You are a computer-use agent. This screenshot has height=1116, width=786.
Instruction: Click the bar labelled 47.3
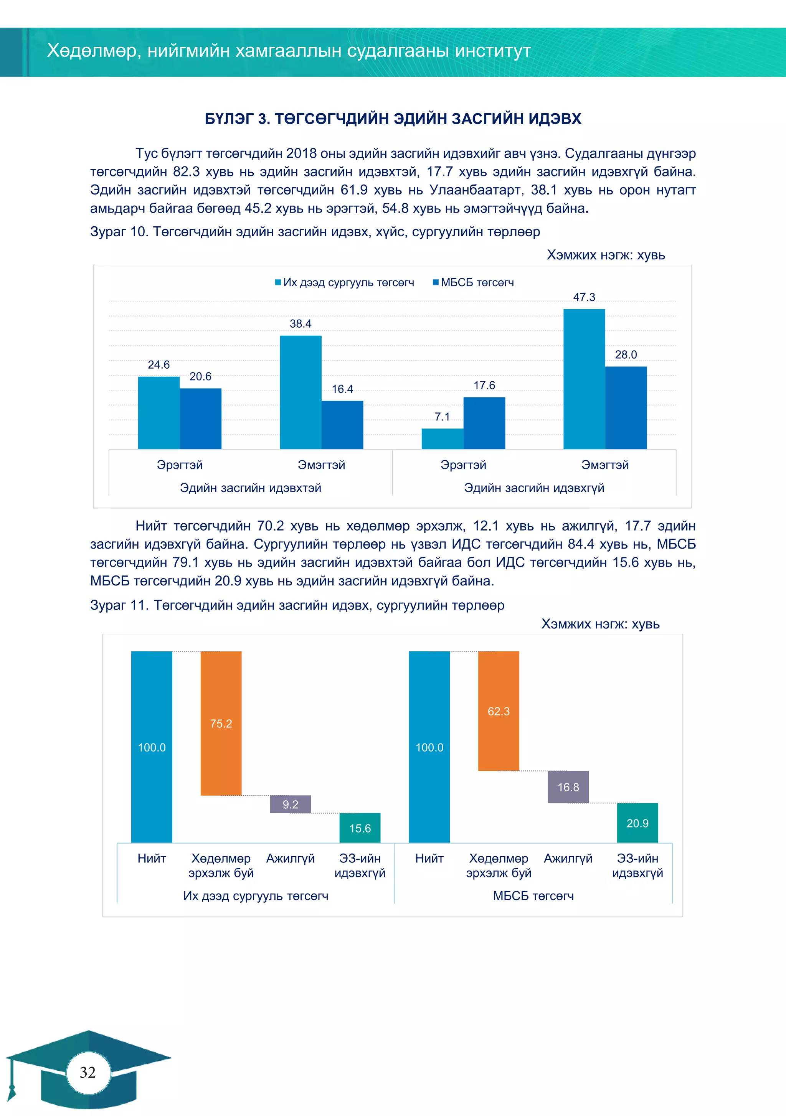coord(584,379)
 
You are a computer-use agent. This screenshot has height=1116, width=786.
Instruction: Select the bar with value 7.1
coord(442,438)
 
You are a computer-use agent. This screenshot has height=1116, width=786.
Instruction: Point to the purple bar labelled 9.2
coord(291,804)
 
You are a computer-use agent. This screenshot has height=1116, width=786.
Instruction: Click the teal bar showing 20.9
coord(637,823)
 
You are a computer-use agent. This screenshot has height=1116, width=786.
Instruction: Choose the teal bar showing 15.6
coord(360,828)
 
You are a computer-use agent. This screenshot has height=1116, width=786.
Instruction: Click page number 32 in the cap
coord(88,1072)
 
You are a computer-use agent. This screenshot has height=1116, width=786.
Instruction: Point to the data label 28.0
coord(626,355)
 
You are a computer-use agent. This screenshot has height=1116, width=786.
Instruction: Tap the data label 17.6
coord(484,386)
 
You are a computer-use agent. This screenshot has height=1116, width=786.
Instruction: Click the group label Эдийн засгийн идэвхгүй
coord(534,488)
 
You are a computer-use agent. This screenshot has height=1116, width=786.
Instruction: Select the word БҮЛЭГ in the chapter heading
coord(229,119)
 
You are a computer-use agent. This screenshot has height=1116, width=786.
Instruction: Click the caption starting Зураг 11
coord(297,605)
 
